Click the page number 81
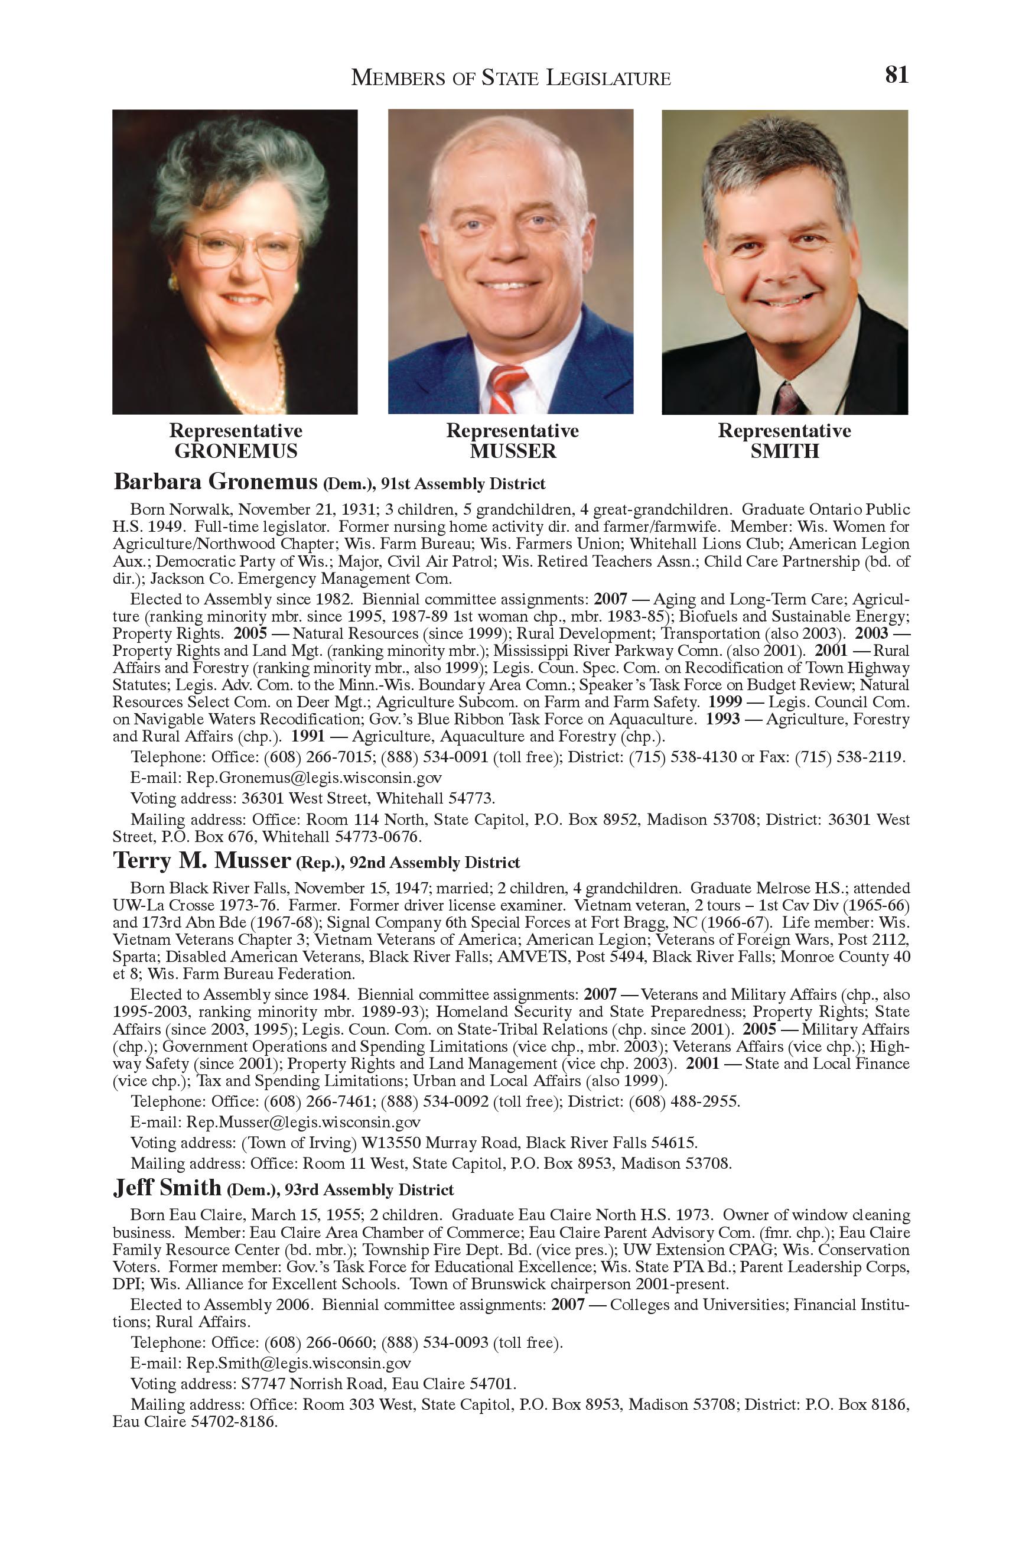coord(896,75)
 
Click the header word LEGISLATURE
coord(608,78)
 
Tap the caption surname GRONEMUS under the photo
coord(235,451)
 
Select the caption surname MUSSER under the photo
coord(513,451)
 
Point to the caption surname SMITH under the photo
coord(784,451)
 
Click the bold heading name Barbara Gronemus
coord(215,482)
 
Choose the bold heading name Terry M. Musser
coord(201,860)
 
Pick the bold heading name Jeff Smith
coord(167,1188)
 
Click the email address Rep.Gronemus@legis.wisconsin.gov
coord(314,778)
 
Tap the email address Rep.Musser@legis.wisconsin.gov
coord(303,1121)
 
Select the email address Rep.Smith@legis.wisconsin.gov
coord(298,1363)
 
